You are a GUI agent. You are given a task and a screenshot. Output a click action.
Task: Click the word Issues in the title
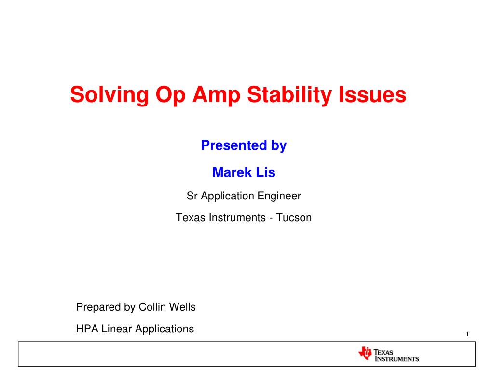pos(372,94)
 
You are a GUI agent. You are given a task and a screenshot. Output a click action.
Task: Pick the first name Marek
pos(232,172)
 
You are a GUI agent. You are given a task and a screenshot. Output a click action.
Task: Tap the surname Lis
pos(266,172)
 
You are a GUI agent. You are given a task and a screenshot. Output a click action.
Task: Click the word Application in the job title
pos(228,197)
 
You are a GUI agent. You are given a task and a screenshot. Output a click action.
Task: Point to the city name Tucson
pos(294,217)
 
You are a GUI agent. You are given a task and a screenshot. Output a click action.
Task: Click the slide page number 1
pos(467,334)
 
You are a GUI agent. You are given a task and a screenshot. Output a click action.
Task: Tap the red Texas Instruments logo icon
pos(365,353)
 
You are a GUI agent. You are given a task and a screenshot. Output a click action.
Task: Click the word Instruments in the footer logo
pos(397,359)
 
